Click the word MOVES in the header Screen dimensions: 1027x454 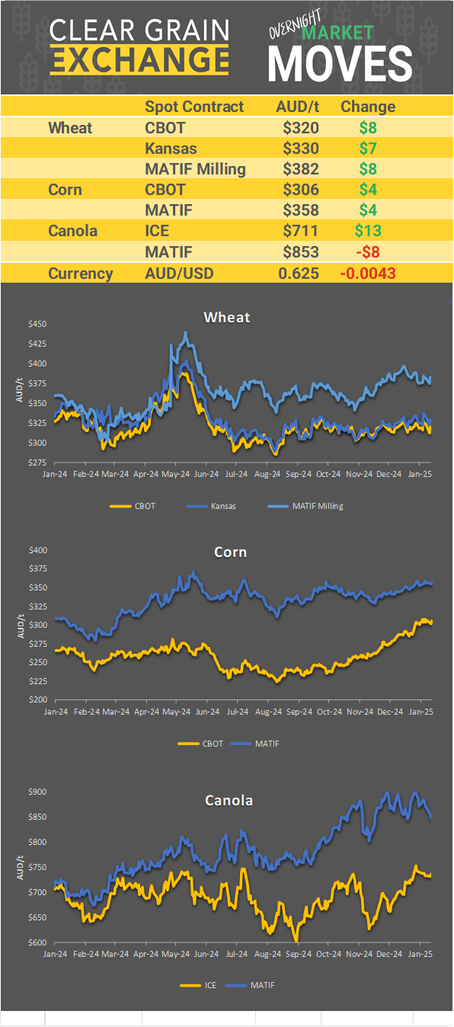(340, 63)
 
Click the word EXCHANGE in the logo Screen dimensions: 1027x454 (139, 59)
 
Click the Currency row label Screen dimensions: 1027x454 (81, 274)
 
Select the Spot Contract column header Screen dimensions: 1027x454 (194, 107)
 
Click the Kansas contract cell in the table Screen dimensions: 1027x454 (171, 149)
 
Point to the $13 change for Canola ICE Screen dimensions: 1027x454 (368, 231)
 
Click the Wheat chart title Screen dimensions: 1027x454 (227, 317)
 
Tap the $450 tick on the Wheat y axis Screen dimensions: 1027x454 (37, 325)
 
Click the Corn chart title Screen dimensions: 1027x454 (230, 552)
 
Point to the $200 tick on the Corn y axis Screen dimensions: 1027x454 (37, 700)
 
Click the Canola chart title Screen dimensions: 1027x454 (229, 800)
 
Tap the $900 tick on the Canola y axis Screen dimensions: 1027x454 (37, 792)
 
